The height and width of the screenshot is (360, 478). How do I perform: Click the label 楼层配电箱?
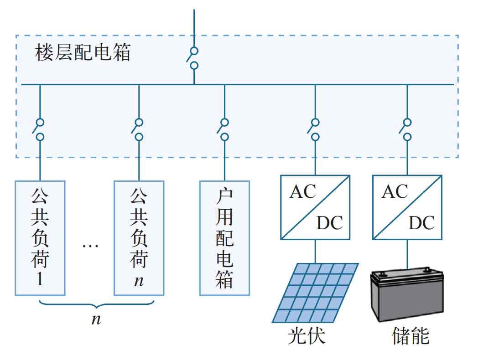tap(83, 52)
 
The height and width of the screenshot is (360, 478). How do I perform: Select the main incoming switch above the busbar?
tap(192, 58)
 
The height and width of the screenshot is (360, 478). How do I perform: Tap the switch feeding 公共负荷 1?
tap(39, 130)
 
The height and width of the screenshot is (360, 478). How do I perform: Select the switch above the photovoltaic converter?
tap(314, 130)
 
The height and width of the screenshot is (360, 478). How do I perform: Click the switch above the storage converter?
tap(406, 130)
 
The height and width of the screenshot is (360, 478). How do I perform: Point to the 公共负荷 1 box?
tap(40, 238)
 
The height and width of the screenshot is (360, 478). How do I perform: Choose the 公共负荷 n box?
tap(139, 238)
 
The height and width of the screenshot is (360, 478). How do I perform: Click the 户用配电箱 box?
tap(225, 238)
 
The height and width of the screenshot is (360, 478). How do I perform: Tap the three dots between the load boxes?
tap(90, 246)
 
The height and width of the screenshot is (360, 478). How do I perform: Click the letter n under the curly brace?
tap(96, 319)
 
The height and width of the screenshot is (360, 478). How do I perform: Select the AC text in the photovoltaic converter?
tap(303, 192)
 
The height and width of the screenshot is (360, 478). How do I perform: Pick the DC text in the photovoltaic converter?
tap(330, 223)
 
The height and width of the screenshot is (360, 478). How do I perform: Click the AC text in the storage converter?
tap(395, 192)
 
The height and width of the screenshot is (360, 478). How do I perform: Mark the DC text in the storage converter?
tap(422, 223)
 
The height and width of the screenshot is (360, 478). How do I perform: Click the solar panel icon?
tap(315, 293)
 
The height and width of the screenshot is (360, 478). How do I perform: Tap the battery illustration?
tap(407, 294)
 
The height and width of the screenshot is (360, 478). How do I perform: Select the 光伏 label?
tap(307, 336)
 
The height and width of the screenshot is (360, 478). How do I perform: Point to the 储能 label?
tap(410, 336)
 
